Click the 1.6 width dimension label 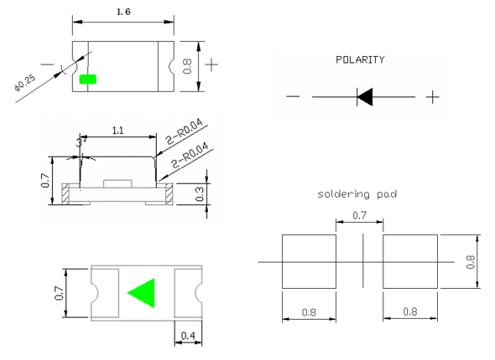tap(123, 12)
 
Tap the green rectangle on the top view tap(88, 80)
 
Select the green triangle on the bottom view tap(142, 293)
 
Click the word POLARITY tap(360, 59)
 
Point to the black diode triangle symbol tap(365, 97)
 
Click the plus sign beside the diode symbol tap(432, 97)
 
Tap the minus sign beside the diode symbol tap(293, 96)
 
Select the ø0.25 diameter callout tap(25, 83)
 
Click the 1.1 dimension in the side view tap(117, 131)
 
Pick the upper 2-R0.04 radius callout tap(185, 131)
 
